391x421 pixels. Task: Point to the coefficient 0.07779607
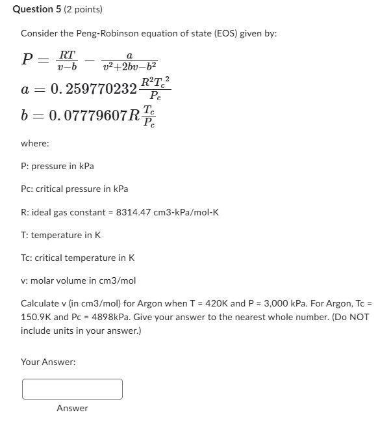(86, 117)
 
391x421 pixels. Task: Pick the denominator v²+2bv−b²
(130, 66)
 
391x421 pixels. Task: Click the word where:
(34, 143)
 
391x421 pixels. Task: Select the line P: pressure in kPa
(57, 166)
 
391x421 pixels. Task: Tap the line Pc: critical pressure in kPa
(74, 189)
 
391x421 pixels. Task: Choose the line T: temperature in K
(60, 235)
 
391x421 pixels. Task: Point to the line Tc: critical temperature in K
(77, 258)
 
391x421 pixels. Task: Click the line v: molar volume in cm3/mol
(78, 280)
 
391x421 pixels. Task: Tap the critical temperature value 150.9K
(36, 317)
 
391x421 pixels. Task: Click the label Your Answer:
(48, 362)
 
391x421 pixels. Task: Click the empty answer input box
(72, 389)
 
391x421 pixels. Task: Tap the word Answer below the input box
(72, 408)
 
